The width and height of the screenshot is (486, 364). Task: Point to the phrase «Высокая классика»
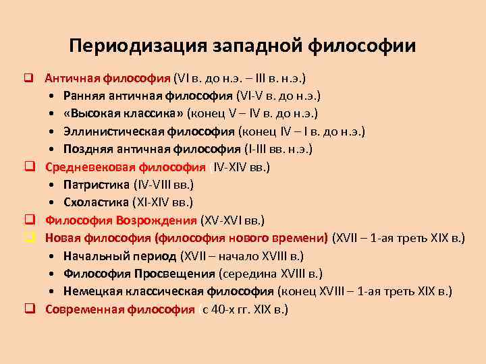[x=124, y=113]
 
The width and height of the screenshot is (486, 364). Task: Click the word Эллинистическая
[x=112, y=131]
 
